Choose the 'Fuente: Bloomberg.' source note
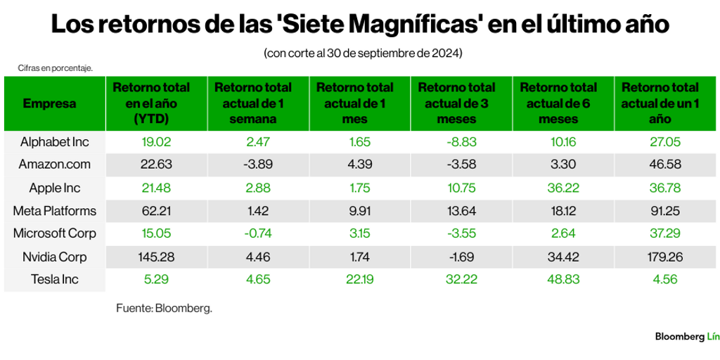pyautogui.click(x=164, y=308)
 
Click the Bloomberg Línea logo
pyautogui.click(x=686, y=337)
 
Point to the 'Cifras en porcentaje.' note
pyautogui.click(x=56, y=68)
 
